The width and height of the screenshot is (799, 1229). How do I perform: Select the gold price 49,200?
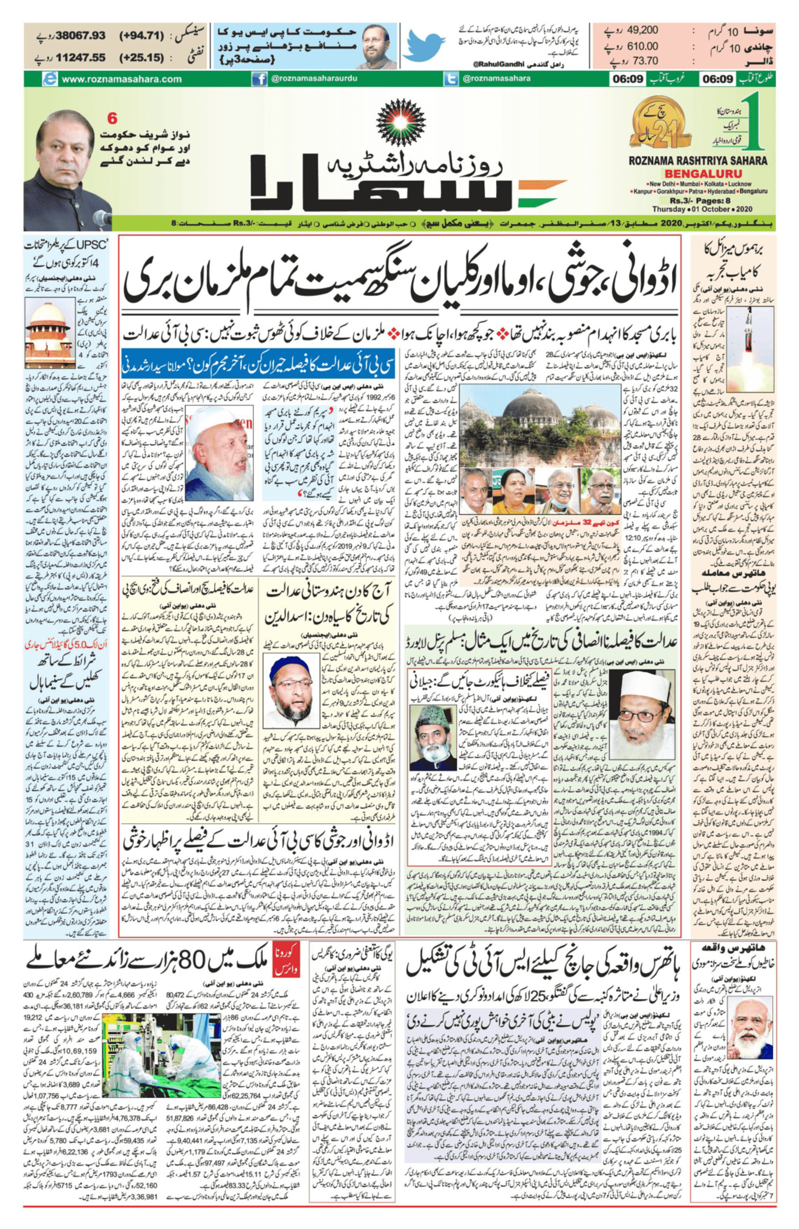[x=643, y=31]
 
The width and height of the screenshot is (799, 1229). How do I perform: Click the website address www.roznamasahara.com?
[x=121, y=79]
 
